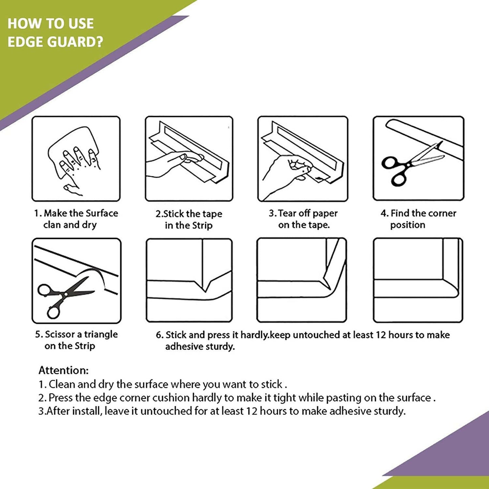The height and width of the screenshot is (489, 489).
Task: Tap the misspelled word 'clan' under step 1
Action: click(x=52, y=225)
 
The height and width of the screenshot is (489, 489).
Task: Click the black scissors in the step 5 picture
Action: click(x=63, y=294)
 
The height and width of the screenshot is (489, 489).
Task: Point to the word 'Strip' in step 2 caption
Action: click(x=202, y=225)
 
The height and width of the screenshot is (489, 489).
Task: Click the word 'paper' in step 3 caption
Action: click(x=325, y=214)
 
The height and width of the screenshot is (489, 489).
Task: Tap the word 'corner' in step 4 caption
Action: click(x=442, y=213)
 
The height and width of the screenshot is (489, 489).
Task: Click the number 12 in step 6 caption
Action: click(x=381, y=335)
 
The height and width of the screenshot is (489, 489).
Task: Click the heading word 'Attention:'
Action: click(x=63, y=370)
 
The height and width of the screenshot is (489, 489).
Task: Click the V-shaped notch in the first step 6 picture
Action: click(x=205, y=288)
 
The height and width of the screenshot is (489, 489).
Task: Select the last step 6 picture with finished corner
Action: click(x=418, y=280)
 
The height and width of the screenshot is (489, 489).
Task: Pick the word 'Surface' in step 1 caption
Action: click(x=102, y=213)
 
